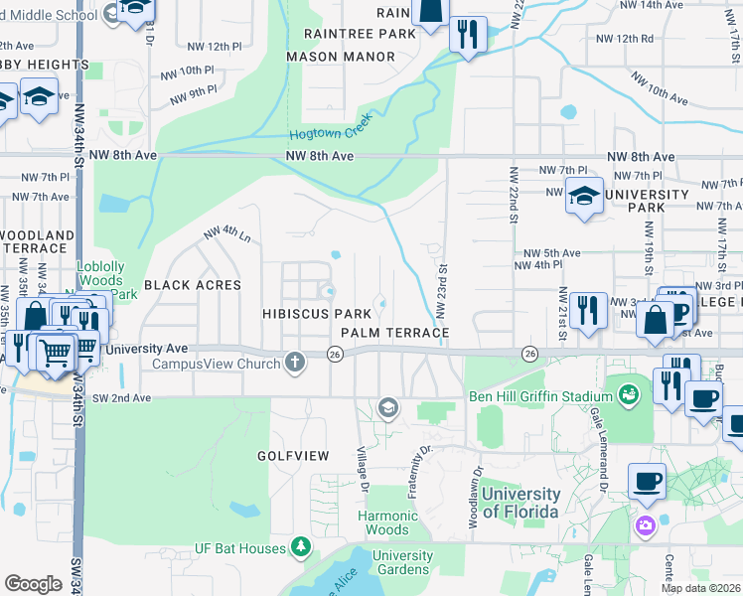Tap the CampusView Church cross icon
[294, 363]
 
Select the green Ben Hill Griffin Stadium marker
[627, 396]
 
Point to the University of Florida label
[520, 503]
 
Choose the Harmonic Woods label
[388, 522]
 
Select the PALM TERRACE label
[394, 332]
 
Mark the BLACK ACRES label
[193, 285]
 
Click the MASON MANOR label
[341, 57]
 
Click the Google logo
[33, 584]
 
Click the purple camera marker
[646, 524]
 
